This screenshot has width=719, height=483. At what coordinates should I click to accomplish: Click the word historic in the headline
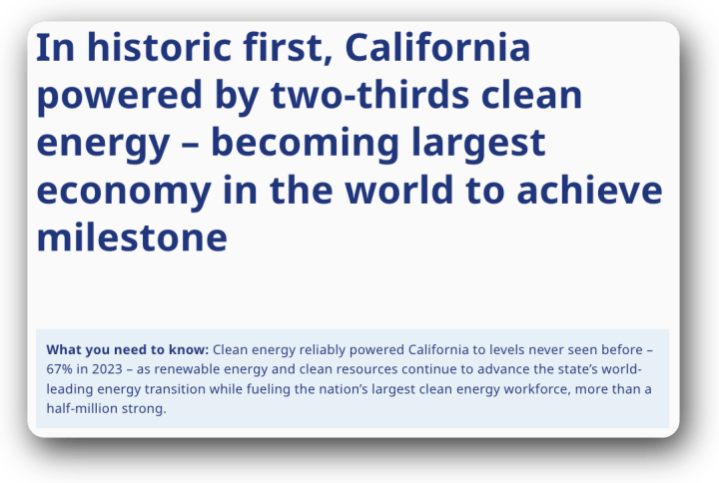coord(159,47)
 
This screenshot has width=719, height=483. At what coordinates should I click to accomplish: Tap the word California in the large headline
coord(437,47)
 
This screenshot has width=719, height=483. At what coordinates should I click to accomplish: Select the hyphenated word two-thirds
coord(370,95)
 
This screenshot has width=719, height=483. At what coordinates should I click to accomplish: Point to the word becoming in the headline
coord(305,144)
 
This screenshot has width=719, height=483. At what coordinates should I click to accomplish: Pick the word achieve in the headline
coord(589,190)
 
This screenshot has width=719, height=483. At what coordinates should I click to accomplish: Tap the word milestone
coord(132,238)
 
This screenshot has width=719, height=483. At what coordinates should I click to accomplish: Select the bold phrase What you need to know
coord(128,349)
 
